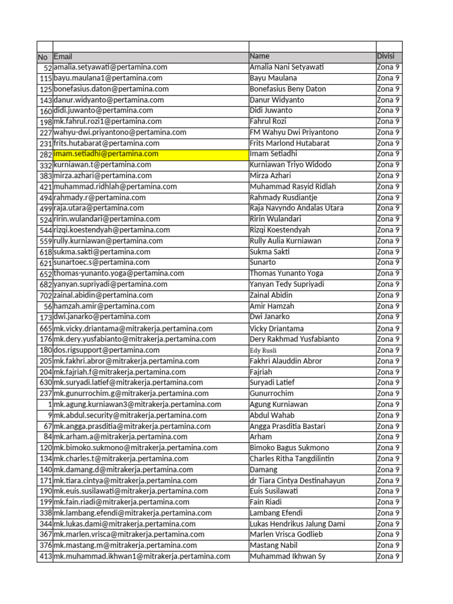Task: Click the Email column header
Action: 63,57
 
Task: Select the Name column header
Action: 260,56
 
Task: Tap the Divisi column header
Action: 386,56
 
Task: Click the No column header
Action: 42,57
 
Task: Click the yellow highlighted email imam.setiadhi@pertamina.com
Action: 106,154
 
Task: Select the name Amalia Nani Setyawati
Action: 287,67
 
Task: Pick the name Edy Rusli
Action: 262,350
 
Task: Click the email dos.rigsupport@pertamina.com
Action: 107,350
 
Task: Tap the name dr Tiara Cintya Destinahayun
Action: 297,481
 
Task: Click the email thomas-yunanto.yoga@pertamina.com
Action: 119,274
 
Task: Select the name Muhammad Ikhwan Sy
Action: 287,556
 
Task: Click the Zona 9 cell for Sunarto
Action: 388,262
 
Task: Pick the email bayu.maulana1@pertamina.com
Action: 108,78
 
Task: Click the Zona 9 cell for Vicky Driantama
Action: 388,329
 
